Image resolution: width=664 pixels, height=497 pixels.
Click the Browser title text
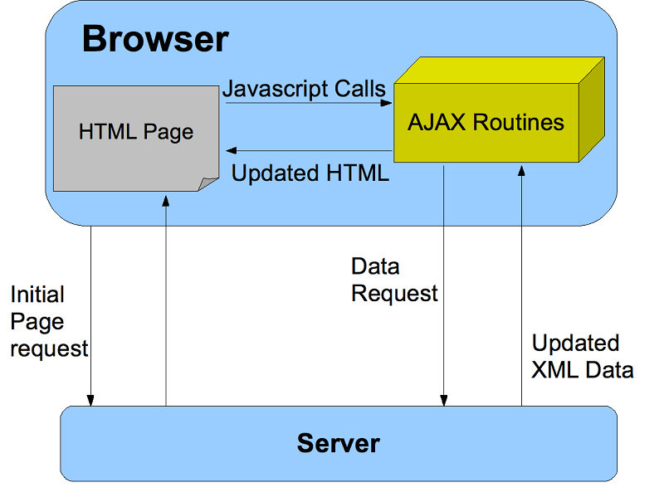click(155, 39)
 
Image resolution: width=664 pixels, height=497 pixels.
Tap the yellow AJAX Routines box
click(486, 124)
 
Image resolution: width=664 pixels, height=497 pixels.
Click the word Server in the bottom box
click(339, 443)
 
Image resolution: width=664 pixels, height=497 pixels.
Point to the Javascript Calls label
click(304, 89)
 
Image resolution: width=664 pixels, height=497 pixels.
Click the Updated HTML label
click(310, 174)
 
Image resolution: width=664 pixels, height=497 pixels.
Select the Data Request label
click(394, 280)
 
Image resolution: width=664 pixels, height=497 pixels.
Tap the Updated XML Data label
click(582, 357)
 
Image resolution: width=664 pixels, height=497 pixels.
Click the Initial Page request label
click(49, 322)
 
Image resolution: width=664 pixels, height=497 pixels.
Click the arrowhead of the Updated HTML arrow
click(232, 151)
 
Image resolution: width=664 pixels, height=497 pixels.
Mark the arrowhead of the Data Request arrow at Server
click(445, 401)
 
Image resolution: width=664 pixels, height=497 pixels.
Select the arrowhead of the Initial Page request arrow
click(91, 401)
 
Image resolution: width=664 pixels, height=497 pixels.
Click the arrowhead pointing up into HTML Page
click(166, 199)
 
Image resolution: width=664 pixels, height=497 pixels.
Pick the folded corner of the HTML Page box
click(207, 184)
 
